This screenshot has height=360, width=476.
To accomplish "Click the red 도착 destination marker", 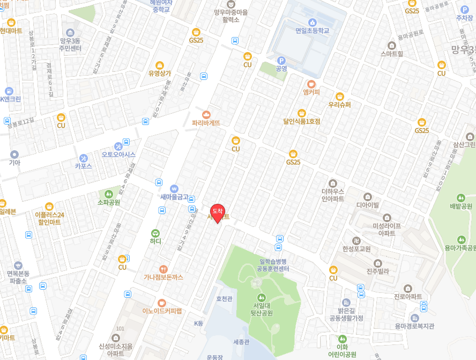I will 218,213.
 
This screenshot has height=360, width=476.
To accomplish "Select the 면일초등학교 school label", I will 312,31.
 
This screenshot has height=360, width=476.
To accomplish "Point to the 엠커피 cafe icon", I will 311,84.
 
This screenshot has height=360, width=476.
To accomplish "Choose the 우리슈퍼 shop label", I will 339,105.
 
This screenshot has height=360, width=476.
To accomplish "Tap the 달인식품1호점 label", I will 302,121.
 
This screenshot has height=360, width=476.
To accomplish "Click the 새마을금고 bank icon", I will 174,188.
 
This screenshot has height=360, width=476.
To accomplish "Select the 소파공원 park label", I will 109,202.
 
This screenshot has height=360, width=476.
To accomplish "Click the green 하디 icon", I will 155,233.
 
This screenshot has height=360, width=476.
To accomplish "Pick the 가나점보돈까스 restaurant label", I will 163,277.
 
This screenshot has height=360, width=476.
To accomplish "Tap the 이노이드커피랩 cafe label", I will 162,311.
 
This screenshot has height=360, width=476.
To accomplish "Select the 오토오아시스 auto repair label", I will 118,155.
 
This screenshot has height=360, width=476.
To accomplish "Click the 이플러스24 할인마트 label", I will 49,218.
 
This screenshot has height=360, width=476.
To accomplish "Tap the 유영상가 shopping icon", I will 160,73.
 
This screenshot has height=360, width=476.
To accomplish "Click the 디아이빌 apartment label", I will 368,204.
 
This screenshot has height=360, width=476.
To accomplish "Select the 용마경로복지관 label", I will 414,326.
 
